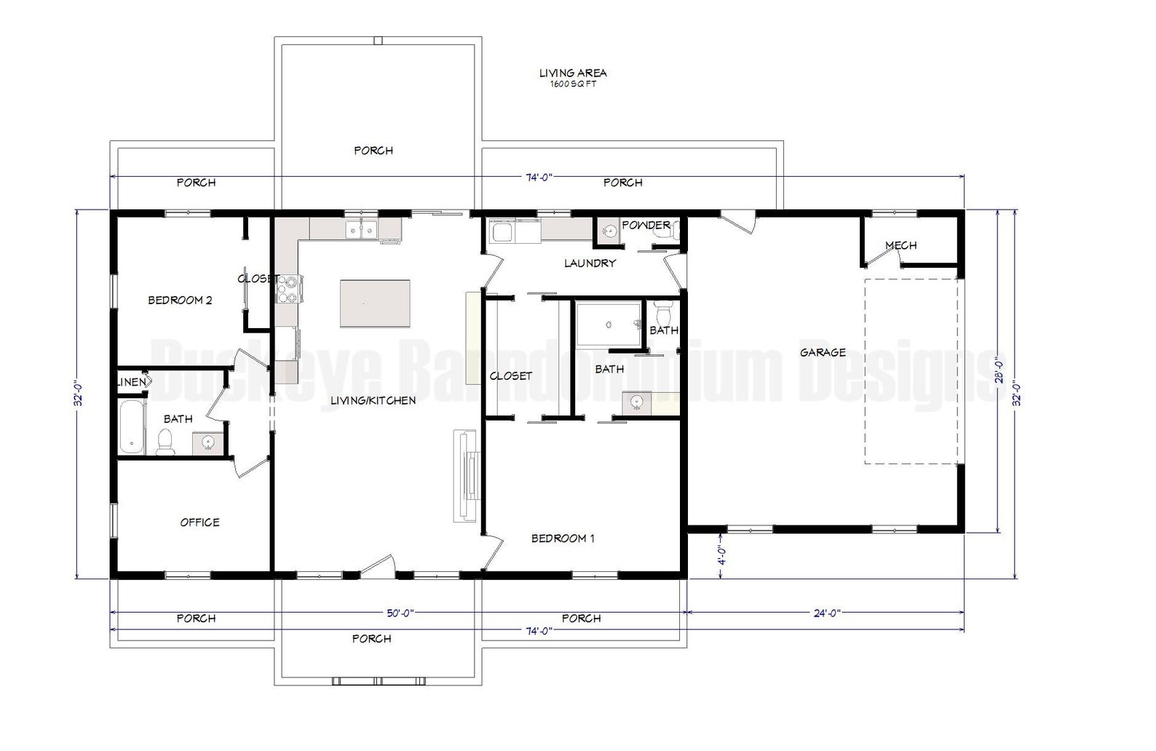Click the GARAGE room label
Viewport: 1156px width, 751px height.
823,352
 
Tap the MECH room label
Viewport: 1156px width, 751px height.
900,245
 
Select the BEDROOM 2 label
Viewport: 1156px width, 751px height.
180,300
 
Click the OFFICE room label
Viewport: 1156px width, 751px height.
199,522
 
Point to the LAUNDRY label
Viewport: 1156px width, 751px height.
590,263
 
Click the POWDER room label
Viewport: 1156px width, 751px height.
645,225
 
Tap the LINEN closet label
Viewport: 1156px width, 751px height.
131,382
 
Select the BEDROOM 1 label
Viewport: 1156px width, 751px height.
563,539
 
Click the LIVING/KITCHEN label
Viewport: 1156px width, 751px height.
373,400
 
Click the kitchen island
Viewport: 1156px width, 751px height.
375,303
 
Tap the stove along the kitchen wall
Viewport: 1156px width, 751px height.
289,289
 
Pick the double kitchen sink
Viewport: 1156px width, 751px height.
361,229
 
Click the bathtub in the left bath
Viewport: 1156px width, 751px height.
132,426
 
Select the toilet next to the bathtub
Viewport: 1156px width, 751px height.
166,442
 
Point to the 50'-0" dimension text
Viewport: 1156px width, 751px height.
400,613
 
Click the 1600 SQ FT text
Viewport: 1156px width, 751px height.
573,84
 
